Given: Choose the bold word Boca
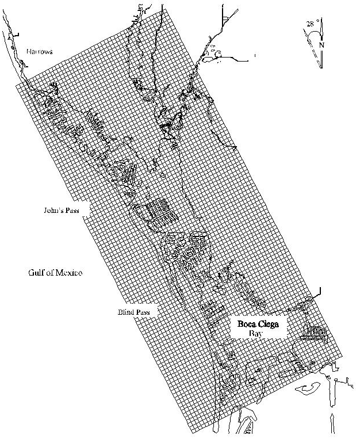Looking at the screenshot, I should coord(248,324).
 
